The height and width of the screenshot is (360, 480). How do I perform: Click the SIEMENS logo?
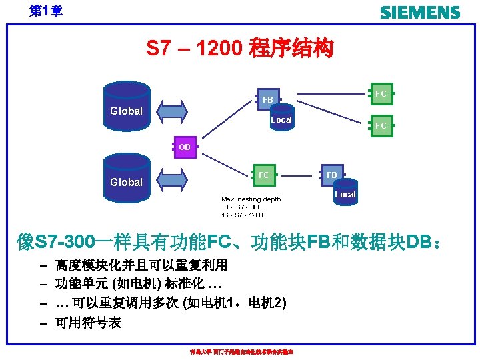(x=419, y=13)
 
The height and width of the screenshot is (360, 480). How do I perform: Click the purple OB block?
(x=185, y=146)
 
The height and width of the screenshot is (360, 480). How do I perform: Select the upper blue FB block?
(x=267, y=100)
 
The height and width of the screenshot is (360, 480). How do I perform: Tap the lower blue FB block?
(x=332, y=175)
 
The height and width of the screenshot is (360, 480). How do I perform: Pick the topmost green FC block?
(x=380, y=94)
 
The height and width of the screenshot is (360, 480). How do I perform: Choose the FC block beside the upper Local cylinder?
(x=380, y=125)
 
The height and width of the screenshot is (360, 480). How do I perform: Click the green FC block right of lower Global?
(x=264, y=175)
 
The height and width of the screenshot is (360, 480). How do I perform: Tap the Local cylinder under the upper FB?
(x=281, y=117)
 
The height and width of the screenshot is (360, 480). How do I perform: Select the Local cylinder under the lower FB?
(x=345, y=192)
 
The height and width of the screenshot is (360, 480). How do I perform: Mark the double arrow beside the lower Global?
(x=173, y=178)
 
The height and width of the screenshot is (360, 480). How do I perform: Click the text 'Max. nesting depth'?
(x=251, y=199)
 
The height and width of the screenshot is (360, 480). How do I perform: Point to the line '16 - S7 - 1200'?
(x=243, y=215)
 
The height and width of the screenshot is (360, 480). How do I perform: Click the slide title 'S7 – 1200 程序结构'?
(x=240, y=49)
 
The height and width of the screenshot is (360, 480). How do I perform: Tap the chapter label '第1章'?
(x=45, y=11)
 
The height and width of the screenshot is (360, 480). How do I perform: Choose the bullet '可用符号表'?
(x=89, y=323)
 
